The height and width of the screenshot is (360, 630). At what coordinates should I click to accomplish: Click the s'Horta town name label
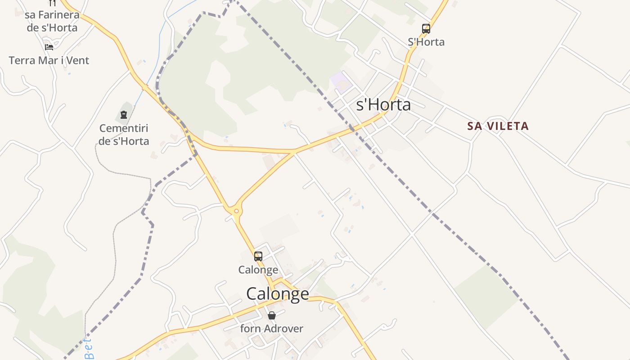point(383,105)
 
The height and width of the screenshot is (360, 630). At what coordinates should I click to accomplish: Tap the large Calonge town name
point(278,294)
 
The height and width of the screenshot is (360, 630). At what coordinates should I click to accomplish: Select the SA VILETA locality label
point(498,126)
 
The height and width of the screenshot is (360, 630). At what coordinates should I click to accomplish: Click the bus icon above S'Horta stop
point(426,29)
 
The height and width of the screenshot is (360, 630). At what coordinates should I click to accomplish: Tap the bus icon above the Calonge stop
point(258,256)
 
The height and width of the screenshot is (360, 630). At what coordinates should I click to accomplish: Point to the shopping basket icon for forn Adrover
point(271,315)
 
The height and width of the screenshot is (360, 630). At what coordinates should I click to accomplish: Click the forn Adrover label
point(271,328)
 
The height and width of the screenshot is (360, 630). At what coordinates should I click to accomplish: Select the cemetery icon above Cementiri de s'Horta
point(124,115)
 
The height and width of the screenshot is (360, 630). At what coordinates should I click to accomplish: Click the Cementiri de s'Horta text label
point(124,135)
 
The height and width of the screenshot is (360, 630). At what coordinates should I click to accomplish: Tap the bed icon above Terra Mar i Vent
point(49,47)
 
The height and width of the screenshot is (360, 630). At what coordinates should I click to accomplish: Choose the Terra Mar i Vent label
point(49,60)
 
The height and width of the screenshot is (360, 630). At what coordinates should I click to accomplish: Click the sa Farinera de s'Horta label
point(52,21)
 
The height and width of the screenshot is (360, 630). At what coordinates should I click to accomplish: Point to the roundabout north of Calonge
point(236,211)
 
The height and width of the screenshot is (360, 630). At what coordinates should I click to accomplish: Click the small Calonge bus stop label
point(258,270)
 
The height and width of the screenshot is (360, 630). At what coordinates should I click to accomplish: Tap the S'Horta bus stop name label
point(426,42)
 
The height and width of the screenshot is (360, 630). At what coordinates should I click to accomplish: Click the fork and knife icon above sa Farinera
point(52,3)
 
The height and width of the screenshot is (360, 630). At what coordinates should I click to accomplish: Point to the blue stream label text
point(90,349)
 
